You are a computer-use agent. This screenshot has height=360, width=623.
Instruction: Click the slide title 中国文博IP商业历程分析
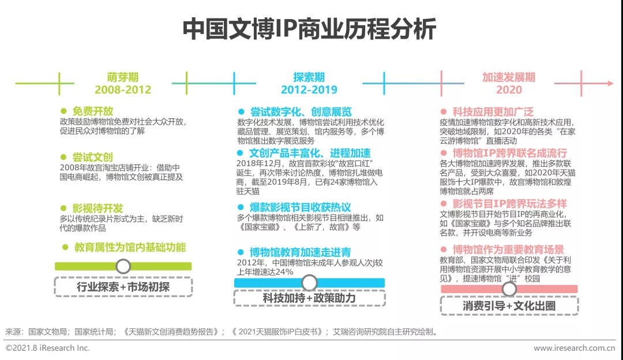coord(310,29)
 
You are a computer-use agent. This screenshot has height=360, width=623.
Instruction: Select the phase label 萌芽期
coord(123,77)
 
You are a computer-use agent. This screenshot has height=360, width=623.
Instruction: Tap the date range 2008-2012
coord(123,89)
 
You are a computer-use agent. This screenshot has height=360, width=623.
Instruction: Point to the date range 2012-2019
coord(309,89)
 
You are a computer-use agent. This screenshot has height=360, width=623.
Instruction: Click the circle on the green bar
coord(123,266)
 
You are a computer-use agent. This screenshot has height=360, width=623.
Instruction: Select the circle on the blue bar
coord(309,282)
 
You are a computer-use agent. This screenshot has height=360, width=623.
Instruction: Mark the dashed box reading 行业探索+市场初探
coord(123,287)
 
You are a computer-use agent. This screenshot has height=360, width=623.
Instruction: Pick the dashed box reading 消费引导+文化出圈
coord(509,306)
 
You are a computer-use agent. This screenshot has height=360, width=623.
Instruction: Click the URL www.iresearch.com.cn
coord(574,348)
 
